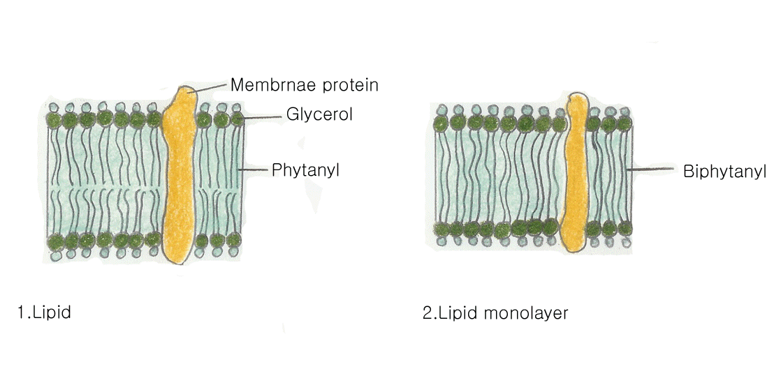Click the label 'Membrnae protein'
(x=304, y=85)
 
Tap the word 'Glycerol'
(x=319, y=114)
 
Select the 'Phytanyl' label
(x=305, y=170)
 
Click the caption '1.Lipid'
(x=45, y=312)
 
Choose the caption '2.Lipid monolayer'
(x=495, y=312)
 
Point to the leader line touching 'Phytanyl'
(x=253, y=170)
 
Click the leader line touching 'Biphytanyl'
(x=650, y=169)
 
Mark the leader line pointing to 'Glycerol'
(x=262, y=117)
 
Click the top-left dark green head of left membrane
(x=53, y=120)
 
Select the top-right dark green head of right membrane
(x=625, y=123)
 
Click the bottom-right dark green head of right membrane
(x=625, y=228)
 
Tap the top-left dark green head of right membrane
(x=441, y=123)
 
